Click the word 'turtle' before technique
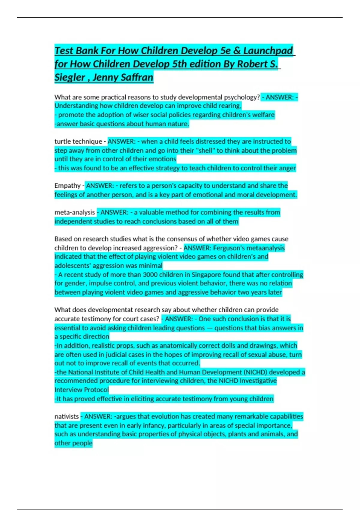tap(62, 142)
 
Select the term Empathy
tap(67, 186)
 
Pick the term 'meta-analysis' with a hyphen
tap(74, 212)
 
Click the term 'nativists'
tap(66, 416)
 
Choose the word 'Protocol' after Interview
tap(97, 390)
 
